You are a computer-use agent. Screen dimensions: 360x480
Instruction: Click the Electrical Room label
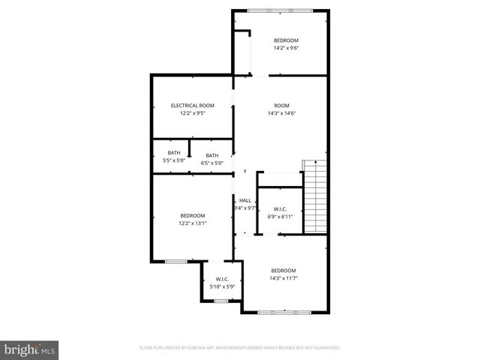click(193, 106)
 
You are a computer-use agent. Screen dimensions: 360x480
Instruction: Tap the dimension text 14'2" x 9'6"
click(286, 48)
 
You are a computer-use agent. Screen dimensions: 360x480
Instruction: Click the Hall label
click(245, 200)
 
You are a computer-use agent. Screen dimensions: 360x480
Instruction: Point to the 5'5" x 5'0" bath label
click(174, 153)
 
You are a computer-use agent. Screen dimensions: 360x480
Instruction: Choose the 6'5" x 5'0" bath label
click(212, 155)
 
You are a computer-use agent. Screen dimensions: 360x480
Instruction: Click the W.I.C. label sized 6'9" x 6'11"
click(280, 209)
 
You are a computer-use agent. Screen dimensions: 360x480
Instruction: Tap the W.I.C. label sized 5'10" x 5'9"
click(221, 280)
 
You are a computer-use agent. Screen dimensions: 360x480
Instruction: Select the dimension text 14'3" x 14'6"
click(281, 113)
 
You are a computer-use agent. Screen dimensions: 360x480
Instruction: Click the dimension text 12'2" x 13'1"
click(193, 223)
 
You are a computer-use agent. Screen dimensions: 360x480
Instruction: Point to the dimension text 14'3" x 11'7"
click(283, 278)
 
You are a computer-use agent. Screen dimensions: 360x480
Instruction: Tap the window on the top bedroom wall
click(281, 10)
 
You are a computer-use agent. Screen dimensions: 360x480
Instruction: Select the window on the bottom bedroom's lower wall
click(284, 311)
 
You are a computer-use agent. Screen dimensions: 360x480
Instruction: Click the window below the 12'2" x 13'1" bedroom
click(175, 261)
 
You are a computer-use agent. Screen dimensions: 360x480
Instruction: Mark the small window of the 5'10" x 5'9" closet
click(220, 301)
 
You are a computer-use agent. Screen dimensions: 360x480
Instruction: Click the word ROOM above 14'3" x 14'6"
click(281, 105)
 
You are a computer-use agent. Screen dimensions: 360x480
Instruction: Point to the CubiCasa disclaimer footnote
click(240, 348)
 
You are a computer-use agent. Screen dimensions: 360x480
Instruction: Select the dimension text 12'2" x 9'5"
click(193, 113)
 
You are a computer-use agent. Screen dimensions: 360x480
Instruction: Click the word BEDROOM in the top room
click(286, 40)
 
